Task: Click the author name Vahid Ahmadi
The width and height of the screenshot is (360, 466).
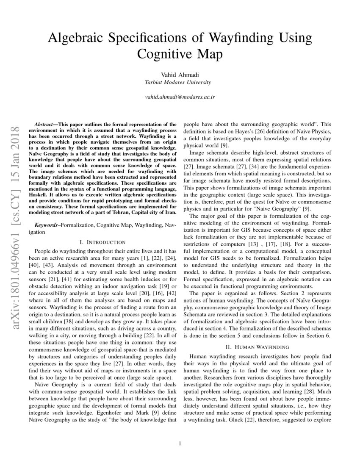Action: point(180,75)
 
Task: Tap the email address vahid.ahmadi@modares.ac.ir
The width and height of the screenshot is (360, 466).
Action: point(180,97)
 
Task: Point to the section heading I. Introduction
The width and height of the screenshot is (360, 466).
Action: point(102,242)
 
